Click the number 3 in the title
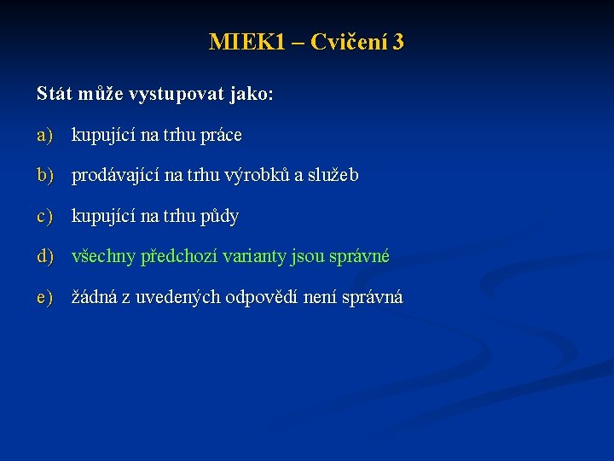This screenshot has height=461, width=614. [398, 42]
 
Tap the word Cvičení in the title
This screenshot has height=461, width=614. [350, 42]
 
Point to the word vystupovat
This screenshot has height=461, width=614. [177, 94]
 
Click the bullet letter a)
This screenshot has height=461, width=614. [44, 135]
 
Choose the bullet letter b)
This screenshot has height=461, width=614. [44, 175]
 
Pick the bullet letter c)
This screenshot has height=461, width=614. [44, 216]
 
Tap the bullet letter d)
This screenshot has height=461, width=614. [44, 256]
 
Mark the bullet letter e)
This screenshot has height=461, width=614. [44, 297]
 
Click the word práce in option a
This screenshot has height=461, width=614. [220, 135]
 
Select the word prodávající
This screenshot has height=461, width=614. [115, 175]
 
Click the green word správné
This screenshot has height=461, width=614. [359, 256]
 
